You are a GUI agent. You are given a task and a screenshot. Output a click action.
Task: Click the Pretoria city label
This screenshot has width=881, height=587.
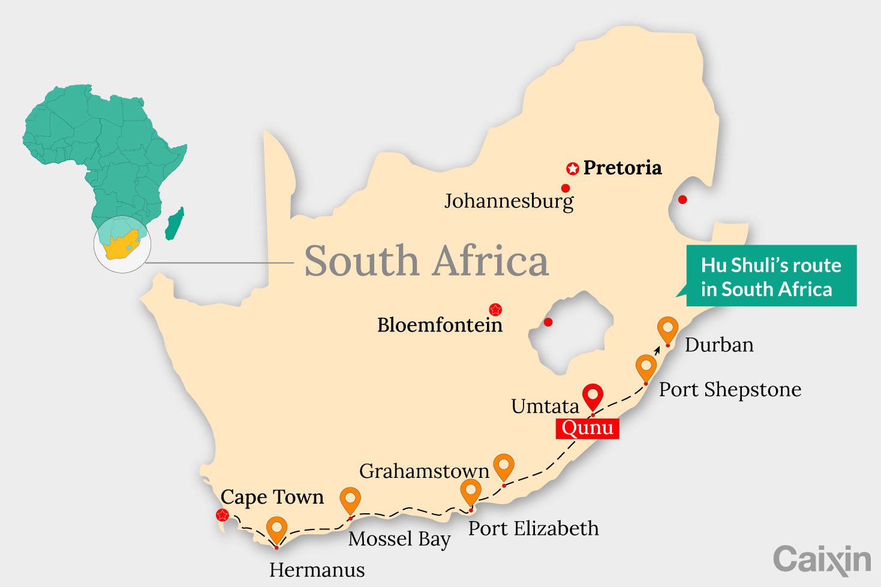tap(622, 168)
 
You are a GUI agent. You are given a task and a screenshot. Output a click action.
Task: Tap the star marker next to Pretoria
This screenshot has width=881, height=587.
tap(573, 168)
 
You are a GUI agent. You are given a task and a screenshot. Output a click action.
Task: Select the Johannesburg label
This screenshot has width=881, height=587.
tap(509, 201)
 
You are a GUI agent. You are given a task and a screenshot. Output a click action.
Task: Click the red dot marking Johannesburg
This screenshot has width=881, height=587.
tap(566, 188)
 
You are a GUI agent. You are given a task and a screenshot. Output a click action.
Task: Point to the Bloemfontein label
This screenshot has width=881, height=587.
tap(440, 325)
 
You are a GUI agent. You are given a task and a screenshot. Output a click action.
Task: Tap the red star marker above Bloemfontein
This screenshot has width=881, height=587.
tap(495, 309)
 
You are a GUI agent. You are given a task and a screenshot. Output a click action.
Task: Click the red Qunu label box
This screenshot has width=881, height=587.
tap(587, 428)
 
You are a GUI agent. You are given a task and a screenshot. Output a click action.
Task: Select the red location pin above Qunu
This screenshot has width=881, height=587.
tap(593, 396)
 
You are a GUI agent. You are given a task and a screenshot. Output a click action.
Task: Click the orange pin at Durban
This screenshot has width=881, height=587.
tap(667, 329)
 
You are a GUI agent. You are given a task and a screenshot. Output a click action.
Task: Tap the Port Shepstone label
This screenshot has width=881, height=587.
tap(730, 390)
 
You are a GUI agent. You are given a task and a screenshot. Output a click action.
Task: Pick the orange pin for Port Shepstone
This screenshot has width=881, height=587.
tap(646, 366)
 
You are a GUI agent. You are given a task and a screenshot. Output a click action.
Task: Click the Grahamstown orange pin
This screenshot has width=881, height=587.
tap(504, 466)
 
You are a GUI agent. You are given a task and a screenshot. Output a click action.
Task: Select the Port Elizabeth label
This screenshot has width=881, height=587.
tap(533, 529)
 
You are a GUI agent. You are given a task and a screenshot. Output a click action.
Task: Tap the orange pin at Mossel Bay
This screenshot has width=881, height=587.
tap(350, 500)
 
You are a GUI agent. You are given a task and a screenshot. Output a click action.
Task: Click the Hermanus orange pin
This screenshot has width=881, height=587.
tap(276, 529)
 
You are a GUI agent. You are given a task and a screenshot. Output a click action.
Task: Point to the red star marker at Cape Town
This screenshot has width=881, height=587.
tap(222, 514)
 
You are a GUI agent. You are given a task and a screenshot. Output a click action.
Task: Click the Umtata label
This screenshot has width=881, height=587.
tap(545, 407)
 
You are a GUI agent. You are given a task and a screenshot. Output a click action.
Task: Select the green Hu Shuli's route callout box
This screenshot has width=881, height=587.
tap(771, 276)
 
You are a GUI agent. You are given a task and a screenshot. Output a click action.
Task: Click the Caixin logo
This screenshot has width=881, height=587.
tap(822, 559)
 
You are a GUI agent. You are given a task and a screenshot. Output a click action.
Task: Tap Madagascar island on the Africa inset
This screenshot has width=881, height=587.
tap(175, 224)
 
